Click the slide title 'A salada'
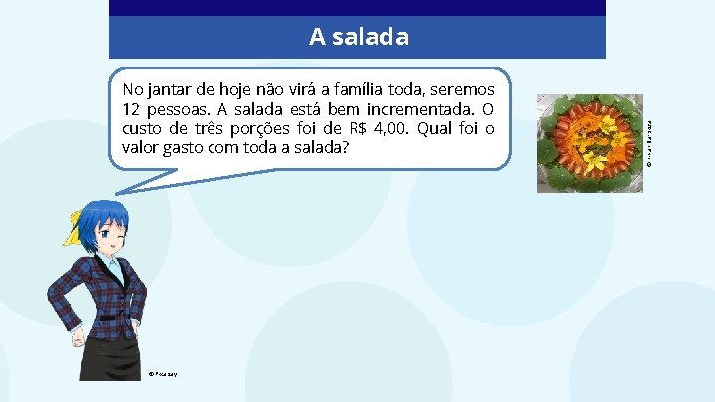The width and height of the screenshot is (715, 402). (x=357, y=37)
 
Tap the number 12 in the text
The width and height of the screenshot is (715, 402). (x=131, y=109)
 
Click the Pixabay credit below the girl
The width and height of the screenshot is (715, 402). (x=164, y=374)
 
